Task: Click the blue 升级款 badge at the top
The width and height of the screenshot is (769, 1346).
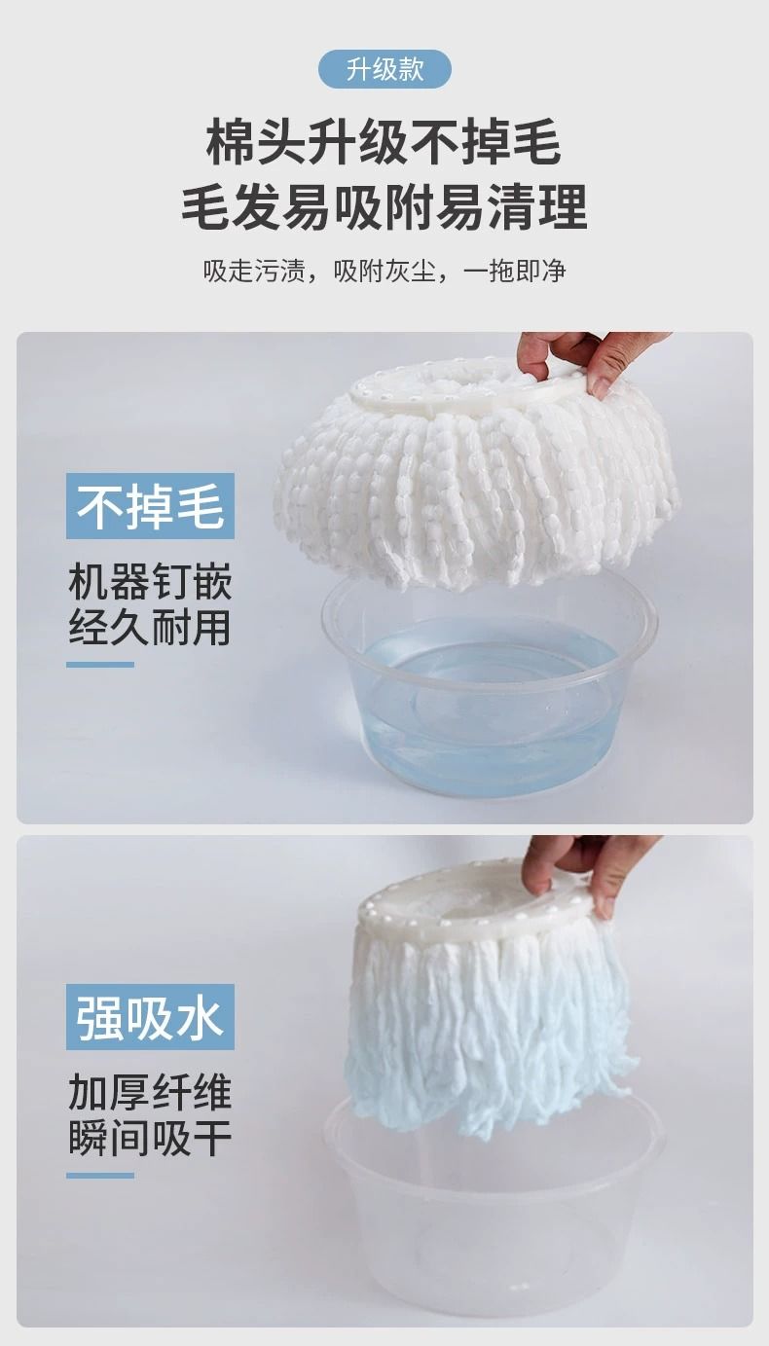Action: pos(384,70)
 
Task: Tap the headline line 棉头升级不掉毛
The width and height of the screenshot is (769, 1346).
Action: pos(384,143)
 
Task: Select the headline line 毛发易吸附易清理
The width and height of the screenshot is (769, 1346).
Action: pos(384,206)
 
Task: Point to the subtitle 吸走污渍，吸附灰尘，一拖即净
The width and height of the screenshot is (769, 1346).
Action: pos(384,271)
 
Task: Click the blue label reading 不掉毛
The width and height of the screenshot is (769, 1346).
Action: pos(150,506)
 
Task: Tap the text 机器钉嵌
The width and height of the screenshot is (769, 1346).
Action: pos(150,581)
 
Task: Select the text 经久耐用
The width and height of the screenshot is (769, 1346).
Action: pos(150,628)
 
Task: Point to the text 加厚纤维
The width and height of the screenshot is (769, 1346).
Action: pos(150,1092)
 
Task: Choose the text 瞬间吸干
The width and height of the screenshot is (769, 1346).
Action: pos(150,1138)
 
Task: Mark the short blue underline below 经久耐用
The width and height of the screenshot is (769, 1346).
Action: pos(99,665)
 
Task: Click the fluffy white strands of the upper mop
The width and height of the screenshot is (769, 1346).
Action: pos(475,492)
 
